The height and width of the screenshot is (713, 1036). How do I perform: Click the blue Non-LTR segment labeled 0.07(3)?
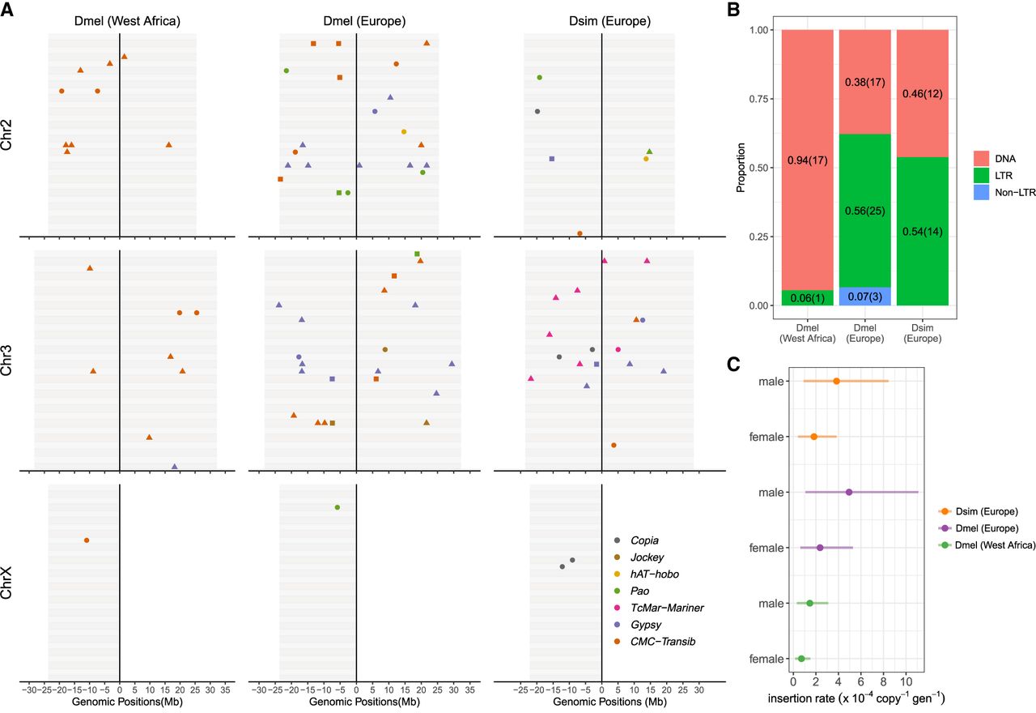865,296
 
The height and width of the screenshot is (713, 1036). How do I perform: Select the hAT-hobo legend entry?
656,574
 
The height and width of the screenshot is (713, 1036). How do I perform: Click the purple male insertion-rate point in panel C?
849,493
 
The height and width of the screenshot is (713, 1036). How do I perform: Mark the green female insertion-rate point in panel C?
801,659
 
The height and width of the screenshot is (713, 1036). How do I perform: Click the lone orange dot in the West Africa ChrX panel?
87,540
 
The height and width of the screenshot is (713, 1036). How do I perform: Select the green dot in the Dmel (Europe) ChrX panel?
338,507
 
